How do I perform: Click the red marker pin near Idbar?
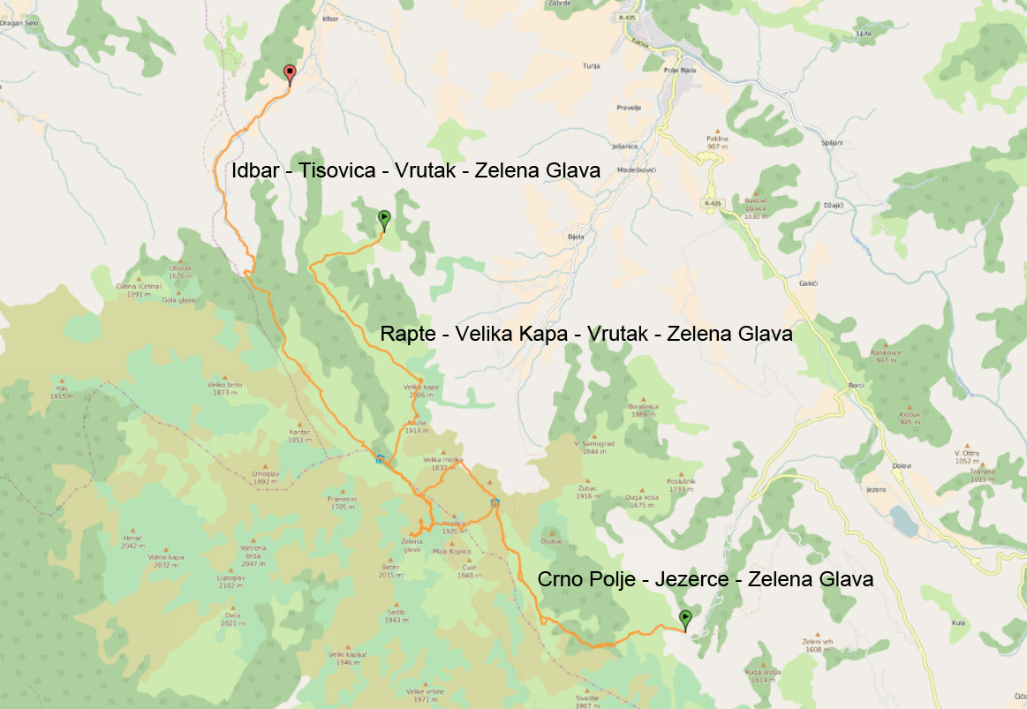[289, 73]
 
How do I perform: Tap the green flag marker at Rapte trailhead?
[384, 218]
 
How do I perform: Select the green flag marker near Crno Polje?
[685, 619]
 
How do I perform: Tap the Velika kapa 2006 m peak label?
[421, 390]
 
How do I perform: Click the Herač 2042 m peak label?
[132, 541]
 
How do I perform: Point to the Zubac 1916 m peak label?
[588, 492]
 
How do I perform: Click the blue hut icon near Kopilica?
[495, 503]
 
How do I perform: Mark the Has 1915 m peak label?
[61, 393]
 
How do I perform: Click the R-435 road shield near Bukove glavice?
[713, 203]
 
